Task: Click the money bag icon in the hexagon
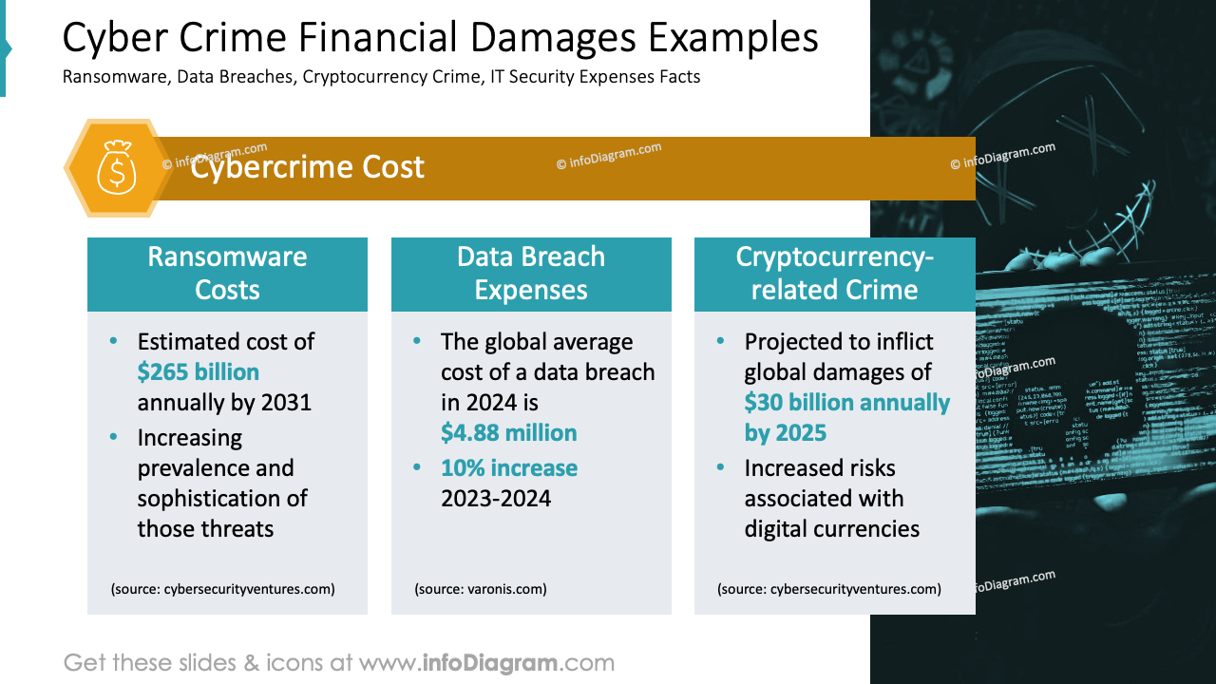pyautogui.click(x=117, y=167)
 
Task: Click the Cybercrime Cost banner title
pyautogui.click(x=307, y=167)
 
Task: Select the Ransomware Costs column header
pyautogui.click(x=227, y=274)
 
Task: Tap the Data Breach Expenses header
pyautogui.click(x=531, y=274)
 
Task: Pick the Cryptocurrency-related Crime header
pyautogui.click(x=834, y=274)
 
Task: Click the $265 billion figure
pyautogui.click(x=199, y=371)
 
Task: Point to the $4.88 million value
pyautogui.click(x=508, y=433)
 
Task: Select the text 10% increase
pyautogui.click(x=508, y=468)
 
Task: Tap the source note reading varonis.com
pyautogui.click(x=481, y=589)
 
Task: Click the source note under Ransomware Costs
pyautogui.click(x=223, y=589)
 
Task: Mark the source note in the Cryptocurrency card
pyautogui.click(x=829, y=589)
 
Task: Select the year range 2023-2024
pyautogui.click(x=495, y=499)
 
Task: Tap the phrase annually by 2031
pyautogui.click(x=224, y=403)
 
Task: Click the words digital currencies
pyautogui.click(x=831, y=529)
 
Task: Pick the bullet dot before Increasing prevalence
pyautogui.click(x=115, y=437)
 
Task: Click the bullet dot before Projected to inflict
pyautogui.click(x=721, y=341)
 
